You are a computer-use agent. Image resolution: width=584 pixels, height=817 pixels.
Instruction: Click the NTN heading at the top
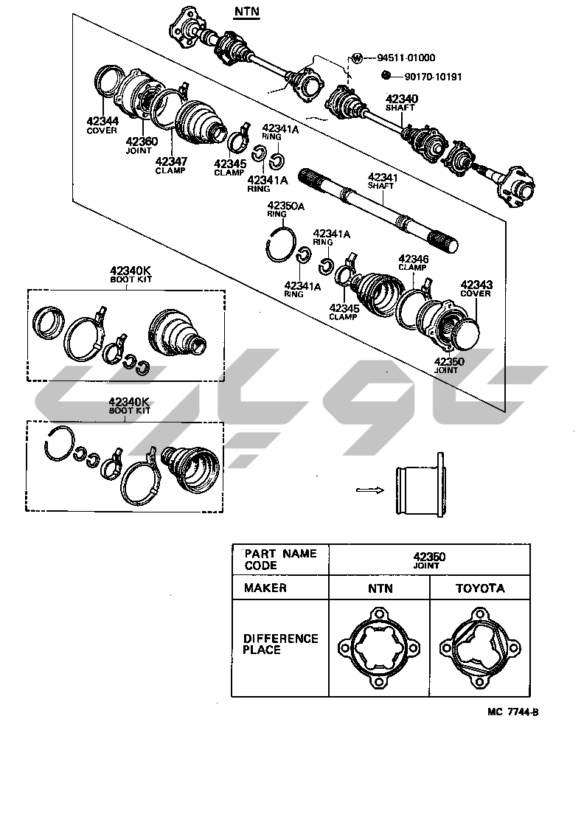click(x=247, y=12)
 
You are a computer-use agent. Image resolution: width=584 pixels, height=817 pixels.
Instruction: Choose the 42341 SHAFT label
click(x=383, y=181)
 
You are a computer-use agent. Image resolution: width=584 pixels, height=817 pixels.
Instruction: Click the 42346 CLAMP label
click(x=413, y=263)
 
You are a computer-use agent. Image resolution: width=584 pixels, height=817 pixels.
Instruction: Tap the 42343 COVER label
click(x=476, y=288)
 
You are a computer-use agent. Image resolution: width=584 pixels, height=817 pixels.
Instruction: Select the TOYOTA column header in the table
click(x=479, y=588)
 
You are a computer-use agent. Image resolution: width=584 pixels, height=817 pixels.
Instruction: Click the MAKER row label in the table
click(x=265, y=588)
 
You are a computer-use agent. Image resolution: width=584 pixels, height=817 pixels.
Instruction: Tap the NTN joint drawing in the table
click(x=379, y=647)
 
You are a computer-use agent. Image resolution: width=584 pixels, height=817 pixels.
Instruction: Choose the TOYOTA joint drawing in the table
click(x=479, y=647)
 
